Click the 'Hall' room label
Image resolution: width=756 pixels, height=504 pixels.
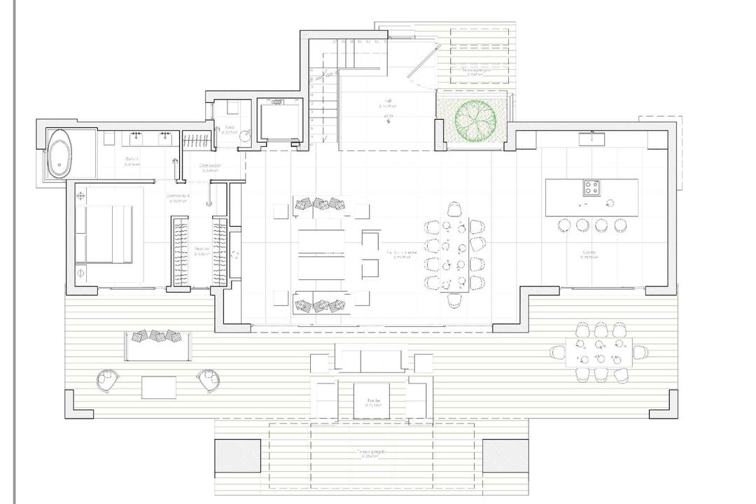coord(387,101)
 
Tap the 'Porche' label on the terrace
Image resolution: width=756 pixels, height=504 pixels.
coord(372,402)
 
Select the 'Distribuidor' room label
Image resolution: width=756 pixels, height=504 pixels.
coord(210,166)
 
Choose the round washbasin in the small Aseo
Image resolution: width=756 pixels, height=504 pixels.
coord(244,137)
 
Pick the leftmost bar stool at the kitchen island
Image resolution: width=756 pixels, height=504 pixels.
coord(564,225)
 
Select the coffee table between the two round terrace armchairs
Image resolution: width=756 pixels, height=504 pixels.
coord(159,387)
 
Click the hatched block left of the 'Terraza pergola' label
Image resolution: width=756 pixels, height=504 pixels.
coord(237,456)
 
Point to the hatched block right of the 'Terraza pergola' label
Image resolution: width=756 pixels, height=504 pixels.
coord(505,456)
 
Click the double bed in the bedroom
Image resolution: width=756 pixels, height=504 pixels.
coord(105,234)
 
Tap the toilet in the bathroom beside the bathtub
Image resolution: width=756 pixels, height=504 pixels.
coord(108,139)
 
